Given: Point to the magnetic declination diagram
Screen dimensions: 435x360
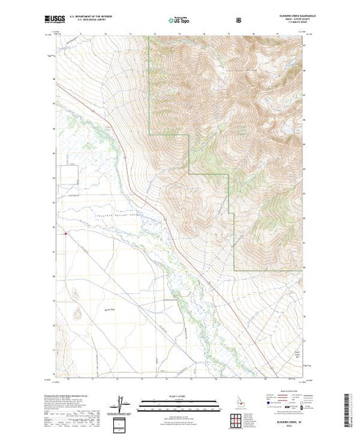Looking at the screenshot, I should tap(121, 403).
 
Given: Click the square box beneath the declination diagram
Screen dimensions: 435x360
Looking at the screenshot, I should tap(122, 422).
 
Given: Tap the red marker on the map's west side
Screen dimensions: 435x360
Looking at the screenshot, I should tap(65, 233).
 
